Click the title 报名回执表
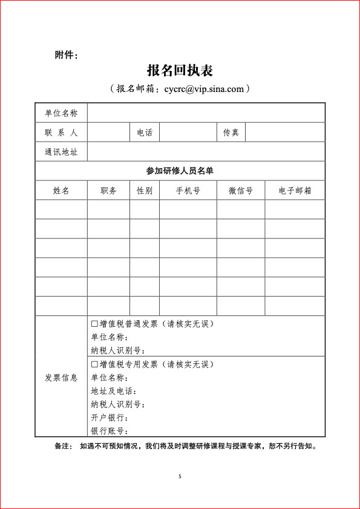click(x=180, y=70)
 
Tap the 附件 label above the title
click(x=66, y=55)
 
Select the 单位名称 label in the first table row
click(x=61, y=113)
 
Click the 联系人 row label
click(x=61, y=133)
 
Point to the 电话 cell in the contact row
click(x=145, y=133)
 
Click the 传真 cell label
click(x=231, y=133)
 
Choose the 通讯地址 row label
click(x=61, y=152)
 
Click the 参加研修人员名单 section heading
click(x=180, y=171)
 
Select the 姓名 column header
click(x=61, y=191)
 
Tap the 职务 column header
click(x=109, y=191)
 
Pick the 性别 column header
click(x=145, y=191)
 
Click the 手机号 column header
click(x=188, y=191)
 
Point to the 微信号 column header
click(x=241, y=191)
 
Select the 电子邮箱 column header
click(x=295, y=191)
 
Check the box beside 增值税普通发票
click(x=94, y=324)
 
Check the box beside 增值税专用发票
click(x=94, y=364)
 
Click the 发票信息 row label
click(x=61, y=378)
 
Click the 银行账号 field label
click(x=109, y=431)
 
